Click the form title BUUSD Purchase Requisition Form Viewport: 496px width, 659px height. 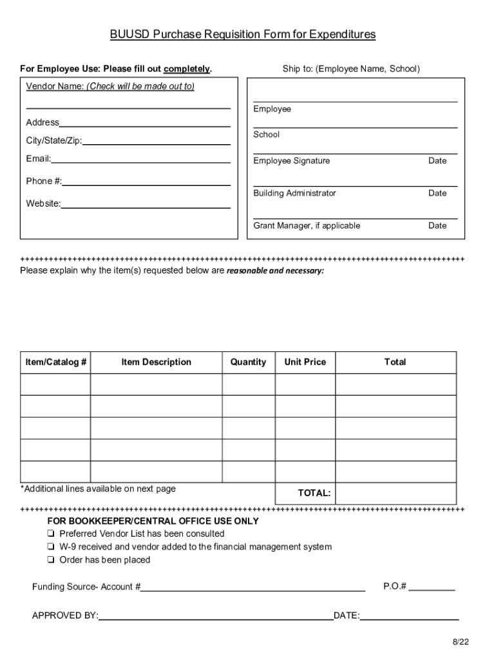tap(242, 35)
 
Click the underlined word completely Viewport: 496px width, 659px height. tap(187, 69)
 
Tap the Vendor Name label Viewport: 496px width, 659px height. tap(110, 86)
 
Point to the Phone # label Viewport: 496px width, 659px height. tap(44, 181)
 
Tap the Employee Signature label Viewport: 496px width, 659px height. tap(291, 161)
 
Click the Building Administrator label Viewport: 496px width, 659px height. tap(294, 193)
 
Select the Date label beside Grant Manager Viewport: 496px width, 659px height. tap(437, 225)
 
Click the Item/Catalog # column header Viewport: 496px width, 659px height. tap(56, 362)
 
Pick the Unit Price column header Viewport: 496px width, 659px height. tap(305, 362)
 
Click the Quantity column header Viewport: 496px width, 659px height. tap(248, 362)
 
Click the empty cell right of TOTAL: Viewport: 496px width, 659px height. tap(396, 493)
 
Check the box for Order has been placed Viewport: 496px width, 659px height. tap(50, 561)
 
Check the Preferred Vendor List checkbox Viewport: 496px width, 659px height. tap(50, 534)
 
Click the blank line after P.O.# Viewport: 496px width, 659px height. tap(432, 588)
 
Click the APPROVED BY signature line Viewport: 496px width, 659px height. tap(216, 617)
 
